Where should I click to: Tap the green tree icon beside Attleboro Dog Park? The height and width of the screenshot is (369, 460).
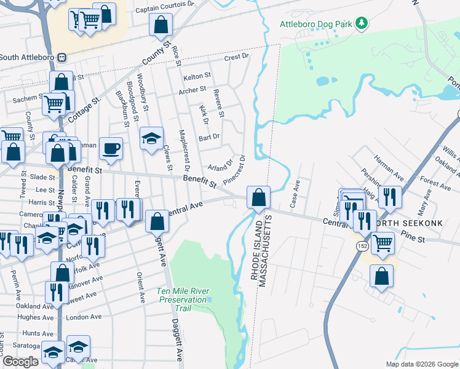tap(362, 24)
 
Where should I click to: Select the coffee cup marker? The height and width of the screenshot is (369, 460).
tap(111, 149)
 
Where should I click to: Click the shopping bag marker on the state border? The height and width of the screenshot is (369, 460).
tap(259, 198)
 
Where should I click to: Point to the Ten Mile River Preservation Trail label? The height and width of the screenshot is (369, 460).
tap(183, 295)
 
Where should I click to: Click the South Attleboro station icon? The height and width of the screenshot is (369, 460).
tap(61, 57)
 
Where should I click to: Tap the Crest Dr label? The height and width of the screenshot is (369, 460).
tap(236, 57)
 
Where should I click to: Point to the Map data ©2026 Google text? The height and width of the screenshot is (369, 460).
tap(421, 364)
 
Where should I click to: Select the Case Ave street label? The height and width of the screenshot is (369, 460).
tap(296, 193)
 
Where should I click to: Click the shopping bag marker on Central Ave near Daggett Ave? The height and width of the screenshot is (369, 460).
tap(157, 221)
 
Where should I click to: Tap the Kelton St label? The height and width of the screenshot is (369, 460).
tap(197, 76)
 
